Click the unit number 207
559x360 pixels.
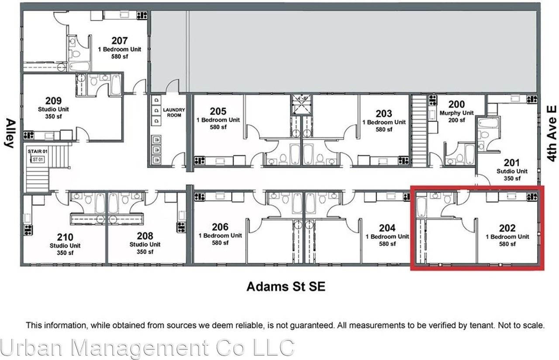[119, 41]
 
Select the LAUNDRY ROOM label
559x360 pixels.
[174, 112]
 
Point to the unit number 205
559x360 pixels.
[218, 111]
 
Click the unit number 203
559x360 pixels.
[384, 114]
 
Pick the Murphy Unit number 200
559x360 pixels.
[456, 104]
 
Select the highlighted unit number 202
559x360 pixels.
[507, 228]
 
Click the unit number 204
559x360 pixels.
[387, 228]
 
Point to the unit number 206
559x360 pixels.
[220, 227]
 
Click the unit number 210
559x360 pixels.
[65, 237]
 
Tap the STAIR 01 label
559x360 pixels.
[37, 152]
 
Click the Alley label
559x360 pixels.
[10, 133]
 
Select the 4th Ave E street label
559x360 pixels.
[552, 133]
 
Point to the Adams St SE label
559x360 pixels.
[286, 287]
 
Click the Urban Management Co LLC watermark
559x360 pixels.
[147, 348]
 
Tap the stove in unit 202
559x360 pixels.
[531, 196]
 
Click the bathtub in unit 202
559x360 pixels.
[421, 207]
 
